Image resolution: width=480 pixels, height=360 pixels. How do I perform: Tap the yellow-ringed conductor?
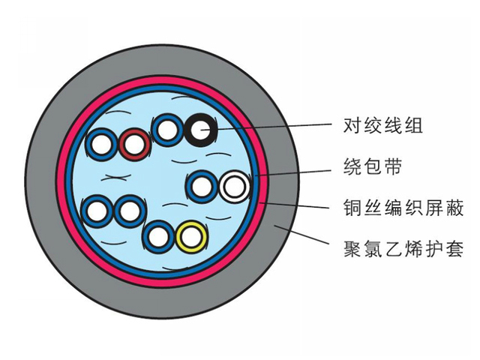pyautogui.click(x=190, y=238)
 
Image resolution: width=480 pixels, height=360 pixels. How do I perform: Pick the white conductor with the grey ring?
pyautogui.click(x=234, y=185)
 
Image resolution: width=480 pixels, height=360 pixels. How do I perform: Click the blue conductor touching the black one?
pyautogui.click(x=166, y=130)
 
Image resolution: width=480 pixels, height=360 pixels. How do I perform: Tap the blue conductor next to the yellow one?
pyautogui.click(x=157, y=237)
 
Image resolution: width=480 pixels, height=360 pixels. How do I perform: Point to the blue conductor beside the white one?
pyautogui.click(x=201, y=185)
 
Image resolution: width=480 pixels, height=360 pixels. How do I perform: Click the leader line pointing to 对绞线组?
pyautogui.click(x=277, y=127)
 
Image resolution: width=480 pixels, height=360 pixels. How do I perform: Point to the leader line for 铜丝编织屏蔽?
pyautogui.click(x=300, y=204)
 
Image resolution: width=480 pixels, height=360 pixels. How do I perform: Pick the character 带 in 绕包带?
pyautogui.click(x=394, y=166)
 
